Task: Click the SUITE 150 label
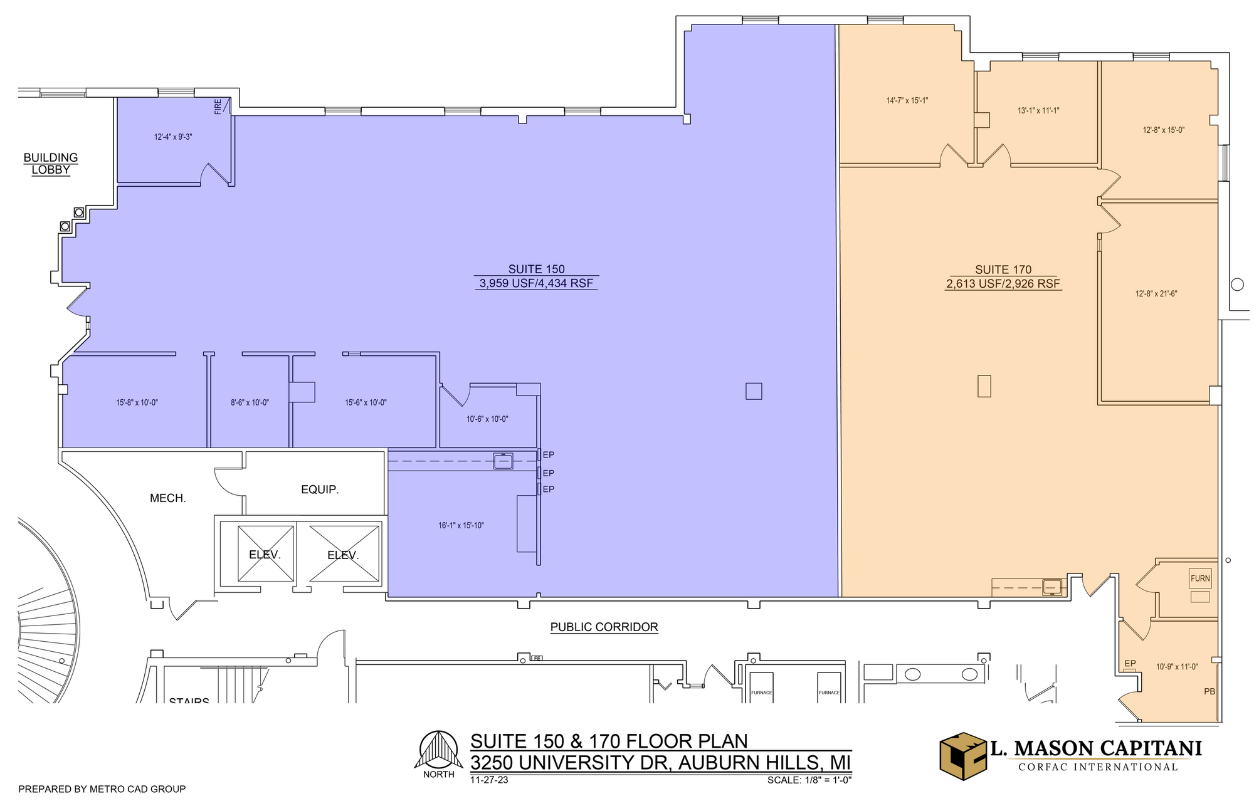coord(537,269)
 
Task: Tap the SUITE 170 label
coord(1003,270)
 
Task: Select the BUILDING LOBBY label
coord(51,164)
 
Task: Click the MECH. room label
coord(167,499)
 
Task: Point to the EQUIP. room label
coord(320,489)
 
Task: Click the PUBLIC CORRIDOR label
coord(604,627)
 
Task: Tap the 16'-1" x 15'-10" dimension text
coord(461,526)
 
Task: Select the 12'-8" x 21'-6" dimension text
coord(1156,293)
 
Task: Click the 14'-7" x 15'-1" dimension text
coord(907,100)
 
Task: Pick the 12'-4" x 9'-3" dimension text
coord(173,137)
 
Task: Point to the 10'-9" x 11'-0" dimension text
coord(1177,667)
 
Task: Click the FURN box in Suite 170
coord(1200,578)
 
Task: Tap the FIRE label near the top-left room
coord(218,107)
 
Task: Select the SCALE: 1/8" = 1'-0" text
coord(809,780)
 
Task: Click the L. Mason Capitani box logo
coord(963,756)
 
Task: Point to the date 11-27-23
coord(489,780)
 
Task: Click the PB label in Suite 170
coord(1209,692)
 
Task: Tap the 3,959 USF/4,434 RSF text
coord(537,283)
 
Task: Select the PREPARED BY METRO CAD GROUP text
coord(102,789)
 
